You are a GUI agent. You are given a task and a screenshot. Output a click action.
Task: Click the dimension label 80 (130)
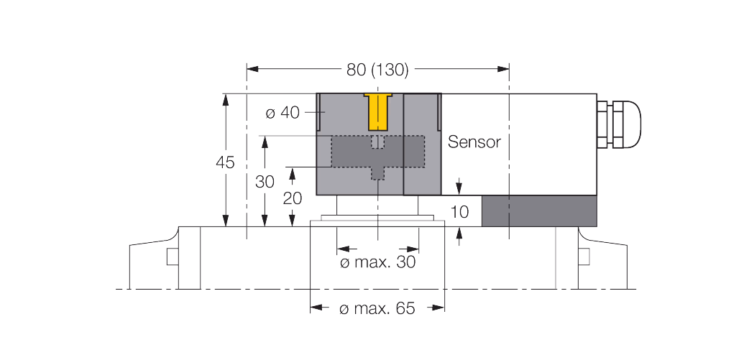(377, 70)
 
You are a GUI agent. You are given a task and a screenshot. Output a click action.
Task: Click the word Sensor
(474, 142)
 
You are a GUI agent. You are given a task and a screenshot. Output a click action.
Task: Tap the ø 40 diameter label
(282, 113)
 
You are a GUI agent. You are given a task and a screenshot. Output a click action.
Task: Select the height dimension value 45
(226, 163)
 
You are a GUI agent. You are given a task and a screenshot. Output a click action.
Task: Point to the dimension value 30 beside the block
(265, 182)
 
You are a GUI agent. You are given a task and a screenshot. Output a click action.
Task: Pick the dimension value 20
(293, 198)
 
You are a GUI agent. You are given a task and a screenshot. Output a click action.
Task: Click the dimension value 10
(460, 211)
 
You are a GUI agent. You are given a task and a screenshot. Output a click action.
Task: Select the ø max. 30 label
(378, 262)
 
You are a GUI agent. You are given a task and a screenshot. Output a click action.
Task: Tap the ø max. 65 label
(377, 309)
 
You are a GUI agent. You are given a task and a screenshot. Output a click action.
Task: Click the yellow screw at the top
(378, 111)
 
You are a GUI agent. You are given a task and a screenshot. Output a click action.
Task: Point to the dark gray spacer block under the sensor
(539, 211)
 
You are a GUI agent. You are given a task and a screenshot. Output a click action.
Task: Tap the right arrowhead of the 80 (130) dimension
(503, 69)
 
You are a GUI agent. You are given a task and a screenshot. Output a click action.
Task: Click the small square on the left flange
(173, 257)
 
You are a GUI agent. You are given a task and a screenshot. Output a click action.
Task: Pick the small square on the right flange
(584, 257)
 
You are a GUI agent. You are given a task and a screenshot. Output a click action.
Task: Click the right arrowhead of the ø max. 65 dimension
(438, 308)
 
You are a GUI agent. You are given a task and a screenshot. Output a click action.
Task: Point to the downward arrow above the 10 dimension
(459, 187)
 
